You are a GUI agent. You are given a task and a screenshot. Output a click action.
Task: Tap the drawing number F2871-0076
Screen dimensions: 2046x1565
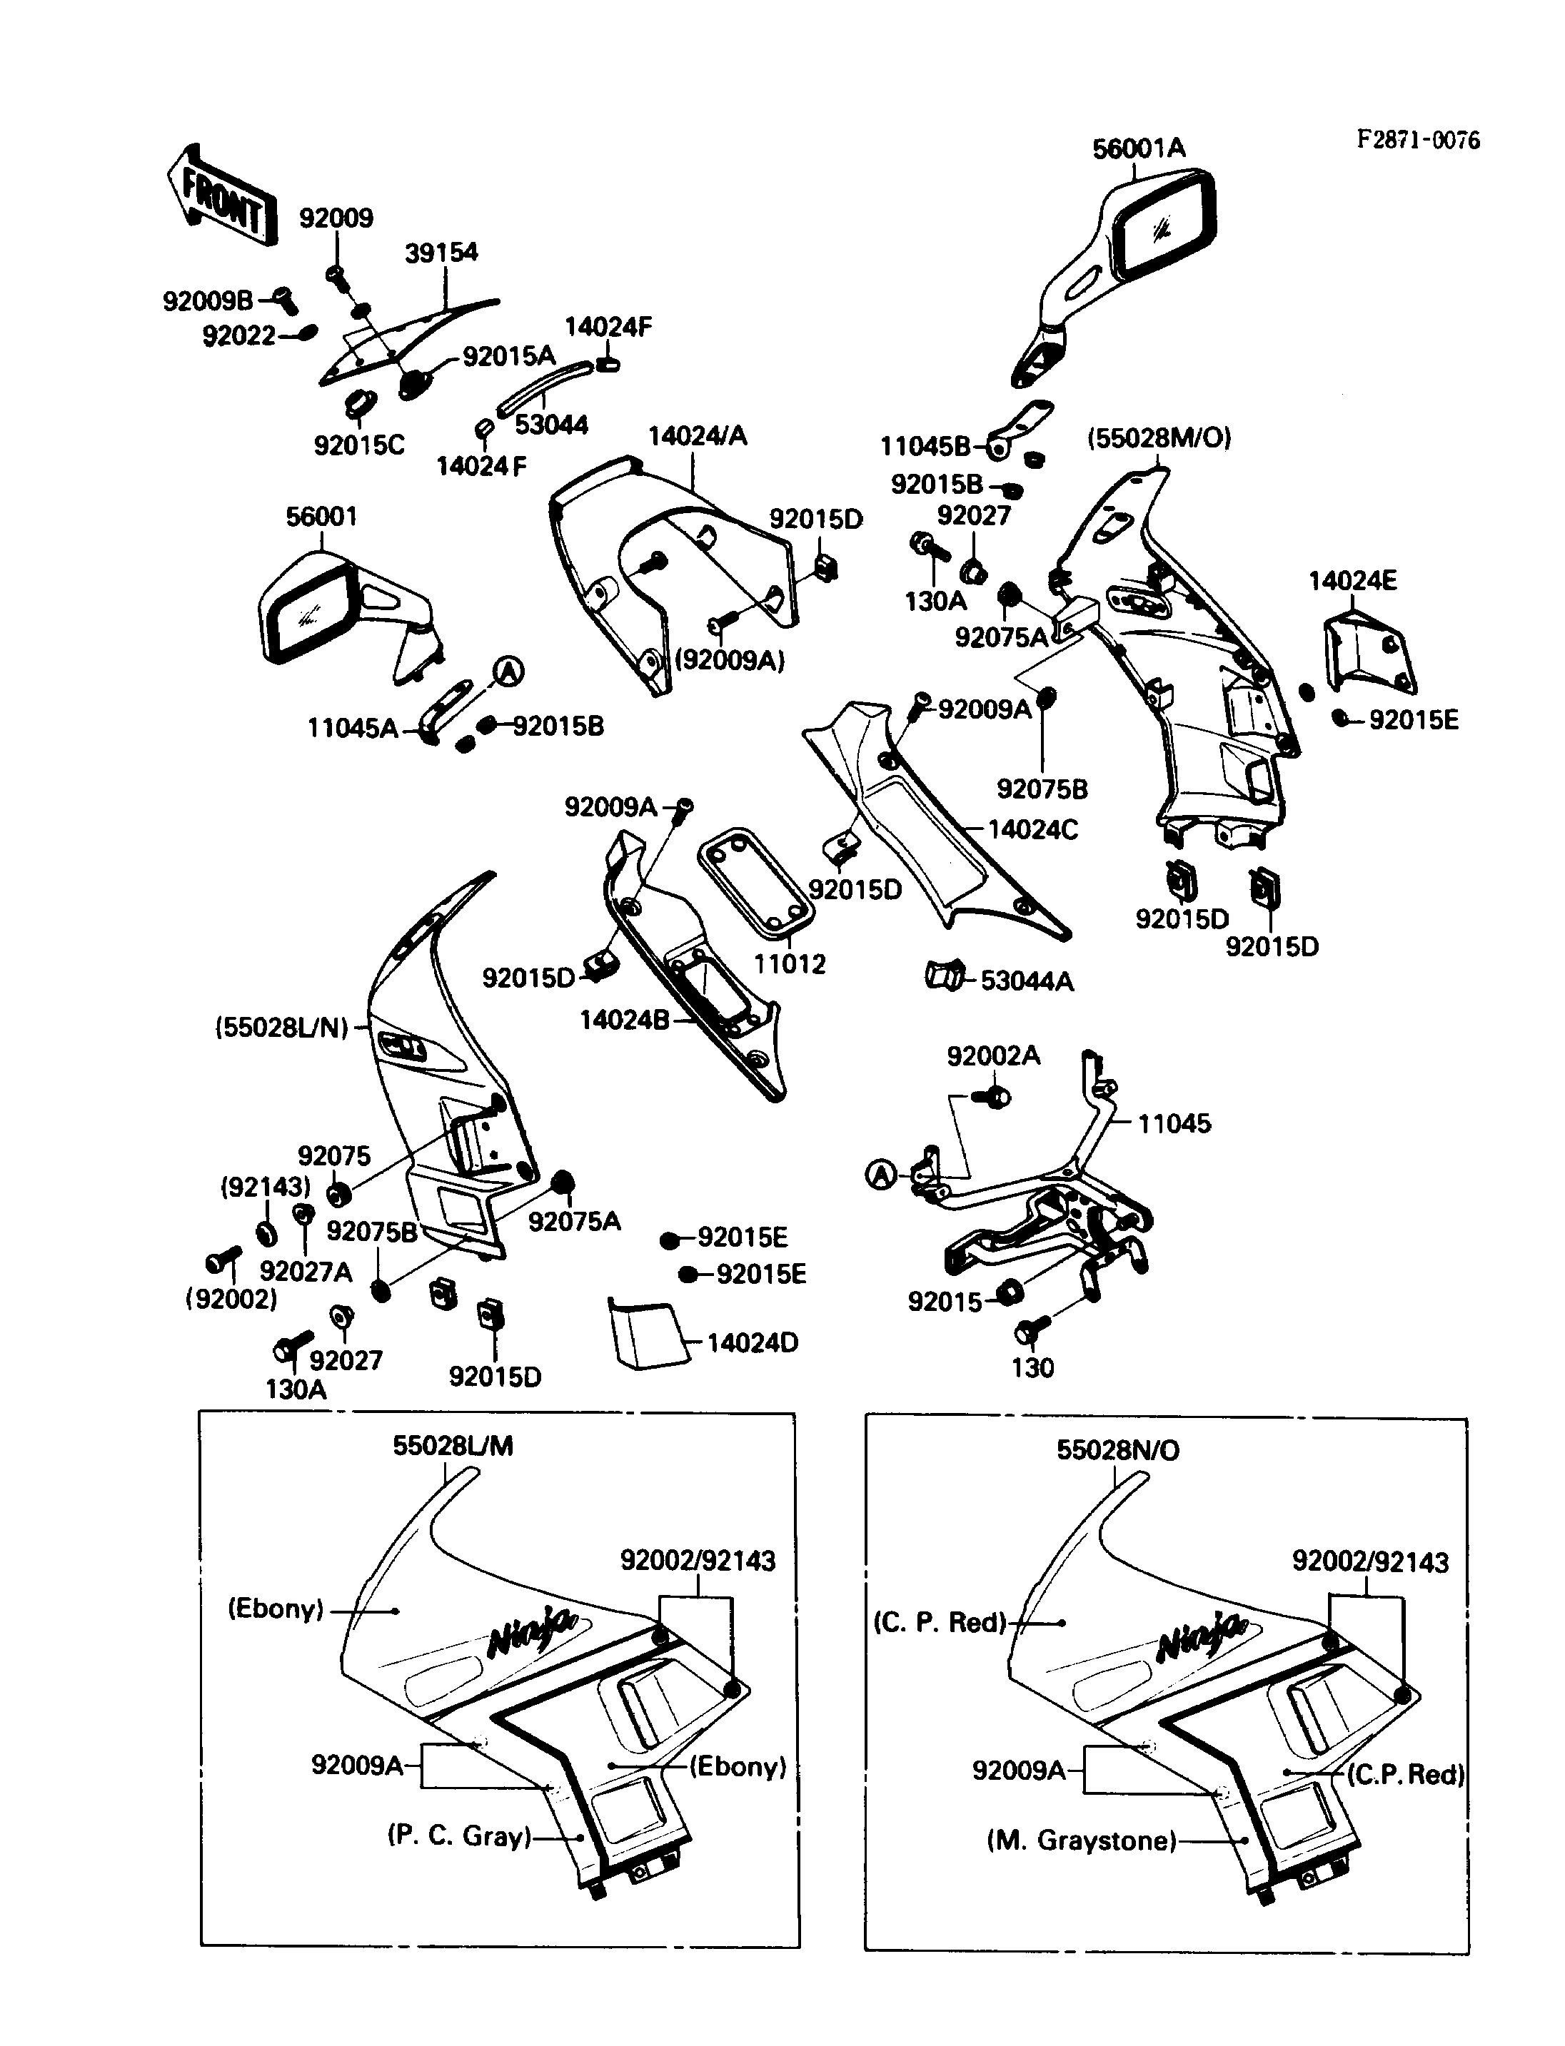(x=1417, y=140)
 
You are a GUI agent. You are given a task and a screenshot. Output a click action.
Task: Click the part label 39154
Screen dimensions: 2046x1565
(x=441, y=253)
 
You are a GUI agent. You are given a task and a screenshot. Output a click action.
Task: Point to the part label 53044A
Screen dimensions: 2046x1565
(x=1027, y=981)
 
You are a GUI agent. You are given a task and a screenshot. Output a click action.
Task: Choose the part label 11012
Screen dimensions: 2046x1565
(x=789, y=964)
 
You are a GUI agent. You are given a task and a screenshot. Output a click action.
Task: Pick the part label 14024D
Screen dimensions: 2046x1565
(x=752, y=1343)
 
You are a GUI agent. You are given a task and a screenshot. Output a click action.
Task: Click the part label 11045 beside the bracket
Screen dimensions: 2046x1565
(x=1174, y=1123)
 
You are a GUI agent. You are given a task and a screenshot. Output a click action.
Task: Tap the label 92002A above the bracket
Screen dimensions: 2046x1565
(x=993, y=1056)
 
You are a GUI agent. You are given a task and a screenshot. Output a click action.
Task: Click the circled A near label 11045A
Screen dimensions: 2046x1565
(x=508, y=671)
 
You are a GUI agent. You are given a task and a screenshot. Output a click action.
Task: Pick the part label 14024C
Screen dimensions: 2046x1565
(x=1032, y=830)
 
